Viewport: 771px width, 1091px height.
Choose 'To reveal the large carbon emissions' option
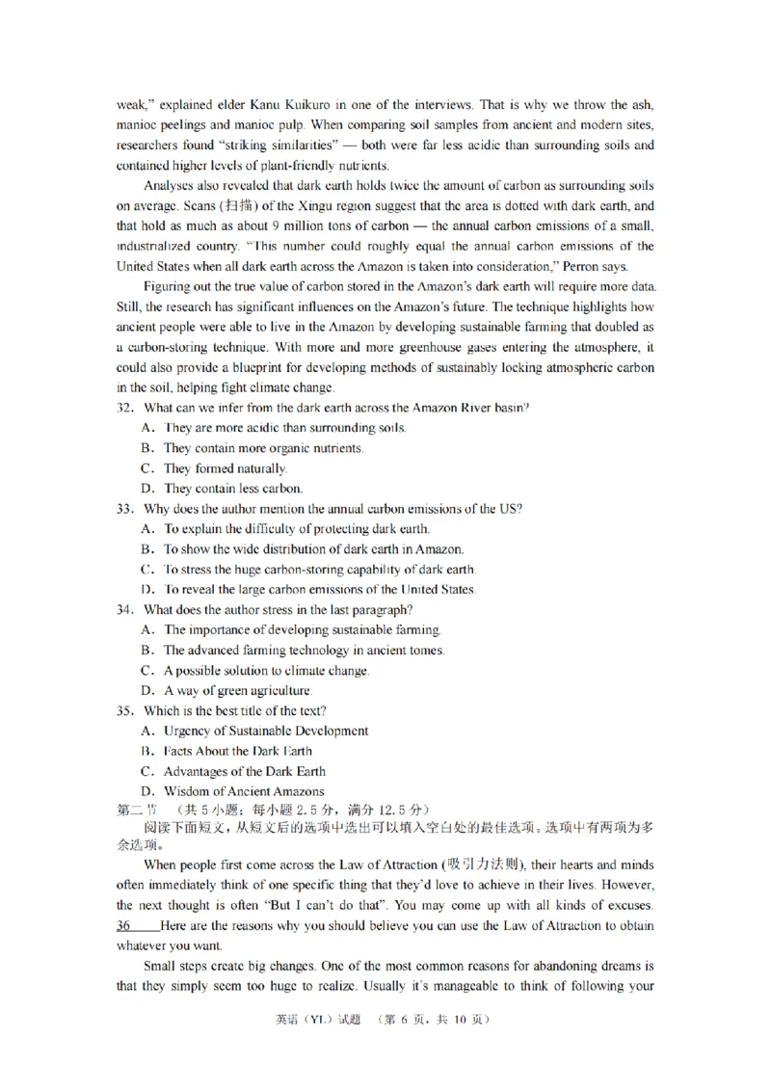click(319, 589)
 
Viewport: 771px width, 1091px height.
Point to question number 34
click(125, 609)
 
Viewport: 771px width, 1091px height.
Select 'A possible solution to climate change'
click(266, 670)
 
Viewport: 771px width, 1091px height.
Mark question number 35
click(125, 710)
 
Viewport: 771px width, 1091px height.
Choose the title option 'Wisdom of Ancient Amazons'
click(244, 791)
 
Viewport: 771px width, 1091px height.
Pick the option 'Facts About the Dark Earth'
click(237, 751)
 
